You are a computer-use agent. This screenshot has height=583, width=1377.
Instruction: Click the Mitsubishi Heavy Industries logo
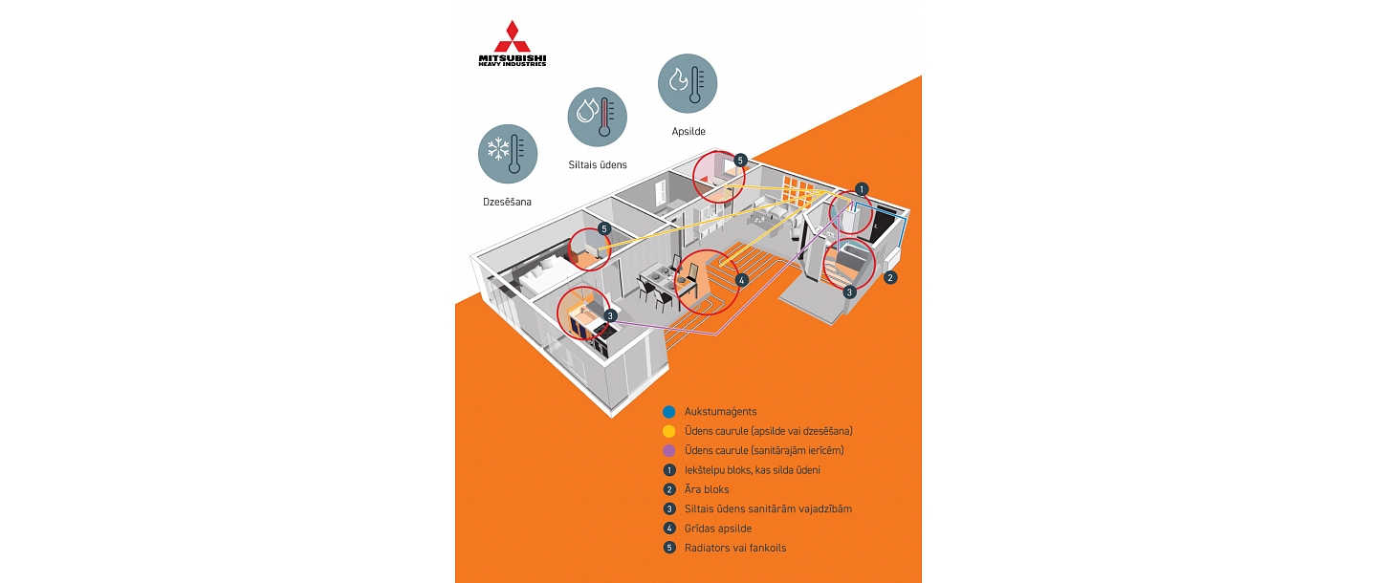click(513, 44)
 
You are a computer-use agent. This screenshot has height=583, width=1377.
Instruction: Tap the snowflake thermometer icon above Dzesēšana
click(508, 154)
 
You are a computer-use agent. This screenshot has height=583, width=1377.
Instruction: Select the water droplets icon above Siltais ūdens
click(598, 117)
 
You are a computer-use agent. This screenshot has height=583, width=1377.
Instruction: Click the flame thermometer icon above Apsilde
click(688, 83)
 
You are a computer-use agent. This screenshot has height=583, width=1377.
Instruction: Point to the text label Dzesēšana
click(507, 203)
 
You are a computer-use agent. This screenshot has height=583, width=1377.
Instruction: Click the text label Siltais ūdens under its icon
click(598, 165)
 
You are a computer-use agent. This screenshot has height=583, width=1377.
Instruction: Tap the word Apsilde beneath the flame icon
click(688, 132)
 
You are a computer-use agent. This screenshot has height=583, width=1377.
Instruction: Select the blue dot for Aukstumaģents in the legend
click(669, 412)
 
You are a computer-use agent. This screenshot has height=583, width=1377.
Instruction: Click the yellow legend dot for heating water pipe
click(669, 431)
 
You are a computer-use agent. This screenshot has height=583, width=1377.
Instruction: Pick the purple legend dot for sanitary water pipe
click(669, 450)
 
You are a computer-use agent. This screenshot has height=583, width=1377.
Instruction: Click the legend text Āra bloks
click(707, 489)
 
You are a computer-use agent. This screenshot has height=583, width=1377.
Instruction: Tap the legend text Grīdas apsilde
click(718, 529)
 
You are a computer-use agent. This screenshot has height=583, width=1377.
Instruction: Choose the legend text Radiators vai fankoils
click(735, 548)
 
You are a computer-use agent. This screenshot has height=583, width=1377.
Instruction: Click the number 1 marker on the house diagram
click(862, 189)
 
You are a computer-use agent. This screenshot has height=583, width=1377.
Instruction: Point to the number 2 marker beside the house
click(890, 278)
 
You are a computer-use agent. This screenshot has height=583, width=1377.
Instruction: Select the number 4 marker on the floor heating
click(740, 281)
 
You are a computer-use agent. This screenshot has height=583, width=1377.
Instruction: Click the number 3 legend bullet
click(669, 508)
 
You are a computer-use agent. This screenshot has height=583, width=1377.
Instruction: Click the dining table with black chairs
click(653, 283)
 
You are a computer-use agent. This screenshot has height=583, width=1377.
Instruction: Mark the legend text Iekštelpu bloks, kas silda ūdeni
click(752, 470)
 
